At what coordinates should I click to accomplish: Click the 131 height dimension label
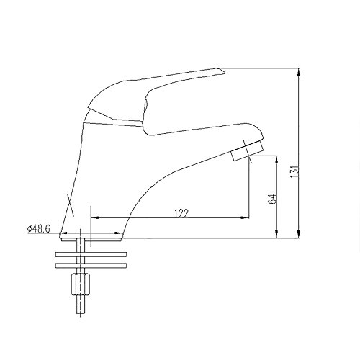(294, 171)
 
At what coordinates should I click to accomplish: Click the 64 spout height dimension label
(273, 199)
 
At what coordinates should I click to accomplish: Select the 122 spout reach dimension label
(181, 213)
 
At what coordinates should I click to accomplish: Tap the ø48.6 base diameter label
(39, 229)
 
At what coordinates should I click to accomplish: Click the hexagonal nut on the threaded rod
(81, 284)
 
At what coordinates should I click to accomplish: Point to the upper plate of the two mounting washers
(91, 254)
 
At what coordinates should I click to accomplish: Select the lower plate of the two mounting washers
(91, 266)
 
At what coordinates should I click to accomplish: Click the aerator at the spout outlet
(247, 150)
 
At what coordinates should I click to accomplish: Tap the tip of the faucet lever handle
(224, 71)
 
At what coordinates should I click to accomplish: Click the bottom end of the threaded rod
(81, 313)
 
